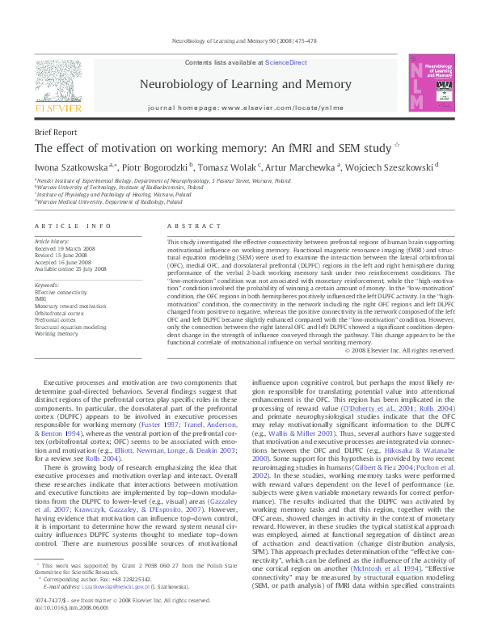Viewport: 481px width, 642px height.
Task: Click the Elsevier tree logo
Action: (x=57, y=82)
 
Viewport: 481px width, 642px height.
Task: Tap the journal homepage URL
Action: (x=268, y=108)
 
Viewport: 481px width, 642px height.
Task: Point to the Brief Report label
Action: (x=56, y=131)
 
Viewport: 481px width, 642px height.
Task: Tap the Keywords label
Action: (x=47, y=285)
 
